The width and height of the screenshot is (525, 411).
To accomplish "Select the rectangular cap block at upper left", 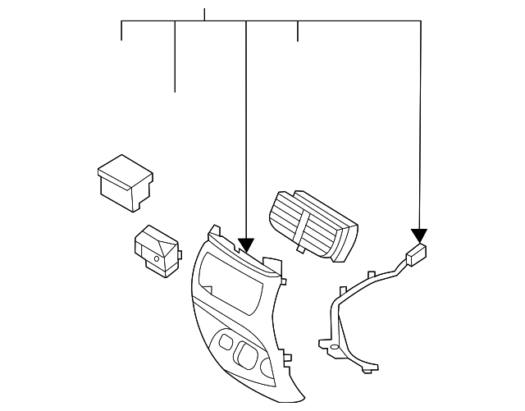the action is (x=125, y=181).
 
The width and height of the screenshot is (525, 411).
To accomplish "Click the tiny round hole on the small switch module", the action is (x=157, y=258).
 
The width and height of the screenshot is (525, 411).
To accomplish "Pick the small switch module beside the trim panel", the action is (x=157, y=249).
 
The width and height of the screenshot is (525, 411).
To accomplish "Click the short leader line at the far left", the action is (x=121, y=30).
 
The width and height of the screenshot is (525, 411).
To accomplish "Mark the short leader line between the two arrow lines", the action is (x=298, y=30).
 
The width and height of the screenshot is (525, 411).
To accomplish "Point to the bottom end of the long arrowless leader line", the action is (x=176, y=91).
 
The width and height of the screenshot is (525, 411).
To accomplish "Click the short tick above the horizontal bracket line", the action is (x=204, y=13).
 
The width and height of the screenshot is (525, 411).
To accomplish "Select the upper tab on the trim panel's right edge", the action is (x=284, y=282).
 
